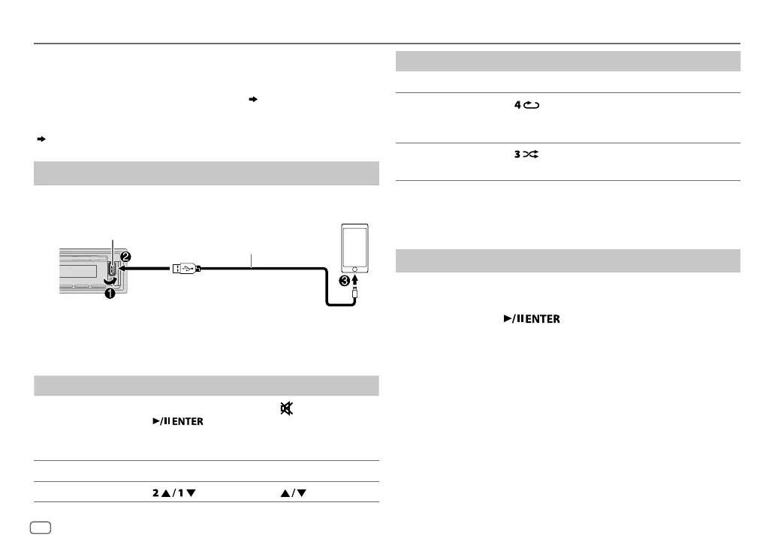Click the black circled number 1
[x=110, y=294]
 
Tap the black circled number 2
[x=125, y=257]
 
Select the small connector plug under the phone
[x=354, y=300]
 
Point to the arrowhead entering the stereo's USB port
[x=121, y=266]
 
